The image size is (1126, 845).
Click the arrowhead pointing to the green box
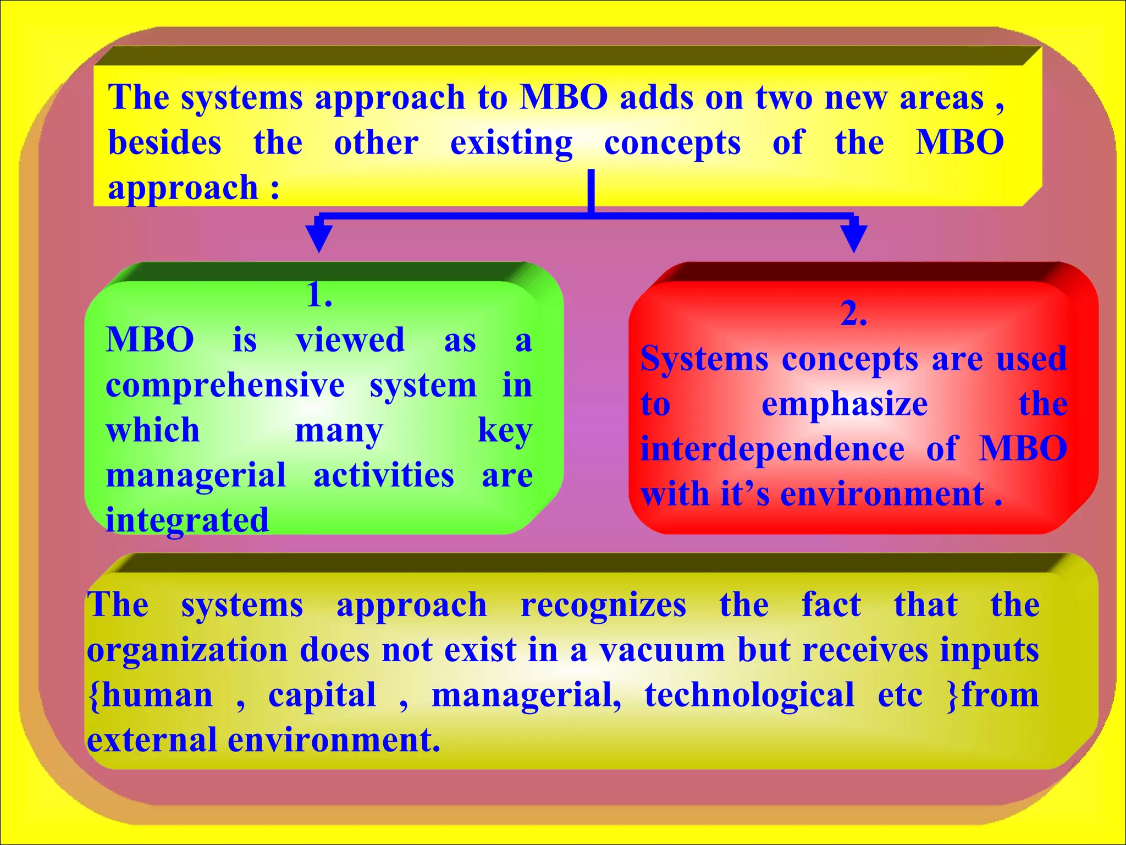point(319,237)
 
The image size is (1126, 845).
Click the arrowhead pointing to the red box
point(854,237)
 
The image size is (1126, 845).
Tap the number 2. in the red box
point(854,314)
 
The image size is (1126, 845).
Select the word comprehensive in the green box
point(225,386)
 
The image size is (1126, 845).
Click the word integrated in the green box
point(187,520)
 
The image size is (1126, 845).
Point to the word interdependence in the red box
point(772,449)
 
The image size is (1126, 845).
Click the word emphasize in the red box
point(844,404)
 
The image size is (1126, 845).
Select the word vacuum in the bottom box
point(662,650)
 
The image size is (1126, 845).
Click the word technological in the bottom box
point(749,695)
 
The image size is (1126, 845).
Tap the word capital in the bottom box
point(322,695)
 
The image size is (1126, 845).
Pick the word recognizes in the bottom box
point(603,605)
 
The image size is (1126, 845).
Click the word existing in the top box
point(511,143)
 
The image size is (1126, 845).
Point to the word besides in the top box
point(164,142)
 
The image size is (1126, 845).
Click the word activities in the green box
point(384,475)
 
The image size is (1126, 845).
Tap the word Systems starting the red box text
point(704,359)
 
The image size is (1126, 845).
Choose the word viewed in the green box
point(350,339)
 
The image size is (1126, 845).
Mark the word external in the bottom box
point(152,740)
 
